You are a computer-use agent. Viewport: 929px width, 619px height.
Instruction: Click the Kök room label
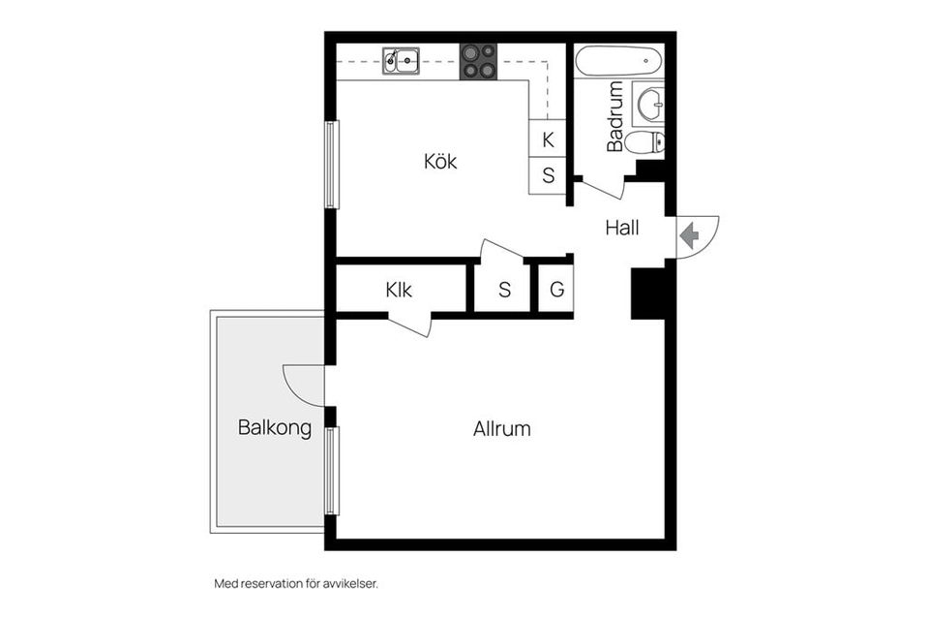pos(440,162)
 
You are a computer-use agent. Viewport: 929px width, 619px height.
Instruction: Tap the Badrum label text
pos(615,117)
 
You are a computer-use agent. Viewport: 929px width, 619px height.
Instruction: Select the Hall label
pos(622,229)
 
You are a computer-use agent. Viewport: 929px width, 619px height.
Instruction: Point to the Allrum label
pos(502,428)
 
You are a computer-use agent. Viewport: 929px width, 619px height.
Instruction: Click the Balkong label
pos(275,427)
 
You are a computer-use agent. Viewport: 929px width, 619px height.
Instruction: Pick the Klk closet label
pos(399,290)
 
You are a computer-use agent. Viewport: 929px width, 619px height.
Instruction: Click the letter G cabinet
pos(556,289)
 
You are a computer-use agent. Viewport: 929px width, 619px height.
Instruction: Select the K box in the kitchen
pos(548,139)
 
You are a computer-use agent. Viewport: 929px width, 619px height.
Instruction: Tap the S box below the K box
pos(548,175)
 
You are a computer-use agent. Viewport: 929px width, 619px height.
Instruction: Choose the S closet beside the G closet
pos(504,289)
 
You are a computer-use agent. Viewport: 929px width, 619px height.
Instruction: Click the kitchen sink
pos(401,61)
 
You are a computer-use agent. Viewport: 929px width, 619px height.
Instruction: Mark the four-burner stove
pos(478,61)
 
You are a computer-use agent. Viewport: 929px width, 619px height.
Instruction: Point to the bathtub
pos(619,61)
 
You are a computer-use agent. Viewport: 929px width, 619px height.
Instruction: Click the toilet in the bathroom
pos(645,143)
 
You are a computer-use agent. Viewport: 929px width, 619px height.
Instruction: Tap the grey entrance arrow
pos(689,234)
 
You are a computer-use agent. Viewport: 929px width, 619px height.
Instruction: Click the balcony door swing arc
pos(303,386)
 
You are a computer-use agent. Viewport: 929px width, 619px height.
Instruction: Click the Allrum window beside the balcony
pos(332,471)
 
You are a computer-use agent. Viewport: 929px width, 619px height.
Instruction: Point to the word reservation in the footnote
pos(276,584)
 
